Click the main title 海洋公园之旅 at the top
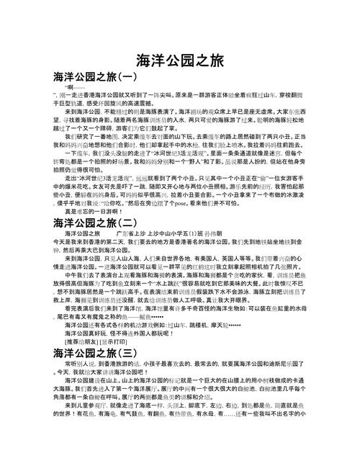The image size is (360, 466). pos(179,59)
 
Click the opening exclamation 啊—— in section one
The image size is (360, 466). pos(74,86)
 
